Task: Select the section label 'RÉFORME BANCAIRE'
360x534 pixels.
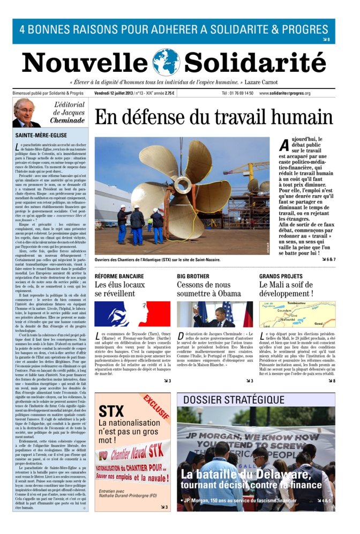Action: click(119, 276)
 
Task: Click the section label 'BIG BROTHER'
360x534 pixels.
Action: click(192, 276)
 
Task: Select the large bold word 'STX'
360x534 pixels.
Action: click(111, 411)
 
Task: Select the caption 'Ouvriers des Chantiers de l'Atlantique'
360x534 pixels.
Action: click(157, 259)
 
